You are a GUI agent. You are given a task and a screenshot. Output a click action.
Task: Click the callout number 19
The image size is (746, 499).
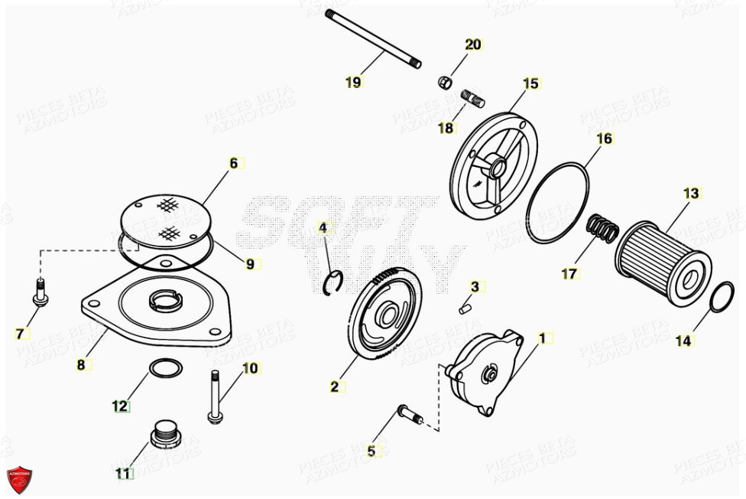(x=353, y=83)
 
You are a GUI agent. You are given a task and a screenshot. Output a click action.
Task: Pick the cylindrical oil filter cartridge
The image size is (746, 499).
(x=661, y=259)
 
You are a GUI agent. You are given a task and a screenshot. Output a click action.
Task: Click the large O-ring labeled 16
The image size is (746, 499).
(x=559, y=204)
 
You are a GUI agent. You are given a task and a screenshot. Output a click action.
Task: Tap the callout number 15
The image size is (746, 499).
(x=530, y=83)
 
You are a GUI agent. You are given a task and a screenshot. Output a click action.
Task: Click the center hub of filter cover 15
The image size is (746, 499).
(x=495, y=167)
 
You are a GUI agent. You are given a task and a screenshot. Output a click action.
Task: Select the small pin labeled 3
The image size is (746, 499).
(x=465, y=308)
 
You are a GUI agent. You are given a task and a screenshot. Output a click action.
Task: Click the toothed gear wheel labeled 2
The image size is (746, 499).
(x=386, y=314)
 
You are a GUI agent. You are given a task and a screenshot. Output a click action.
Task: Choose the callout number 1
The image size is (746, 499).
(x=543, y=338)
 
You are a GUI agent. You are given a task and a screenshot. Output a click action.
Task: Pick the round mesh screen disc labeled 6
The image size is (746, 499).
(x=166, y=220)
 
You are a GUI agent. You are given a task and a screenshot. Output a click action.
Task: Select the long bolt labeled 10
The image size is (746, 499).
(x=214, y=396)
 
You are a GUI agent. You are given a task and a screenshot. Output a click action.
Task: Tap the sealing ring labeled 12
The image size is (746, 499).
(x=165, y=370)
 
